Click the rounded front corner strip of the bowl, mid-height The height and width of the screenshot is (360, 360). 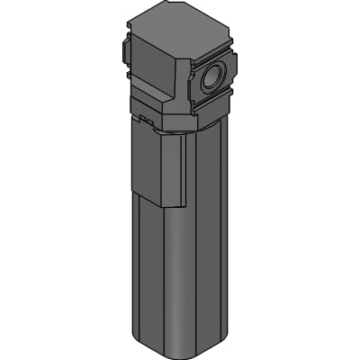pos(191,270)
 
